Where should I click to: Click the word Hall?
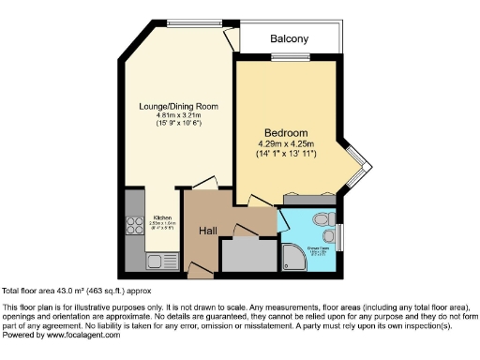(208, 230)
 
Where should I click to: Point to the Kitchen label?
(162, 217)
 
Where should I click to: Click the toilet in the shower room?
(323, 218)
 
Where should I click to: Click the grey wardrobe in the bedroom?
(308, 199)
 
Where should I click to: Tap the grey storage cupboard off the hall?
(247, 254)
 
